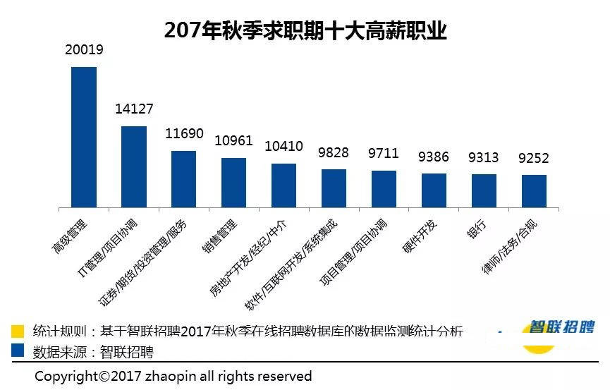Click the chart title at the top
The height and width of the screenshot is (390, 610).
pos(305,30)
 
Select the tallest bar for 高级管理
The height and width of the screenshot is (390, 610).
pos(84,137)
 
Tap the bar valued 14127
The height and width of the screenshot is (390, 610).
pos(134,166)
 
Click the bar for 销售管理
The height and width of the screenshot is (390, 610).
pos(234,182)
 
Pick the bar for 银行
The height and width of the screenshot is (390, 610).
pos(484,190)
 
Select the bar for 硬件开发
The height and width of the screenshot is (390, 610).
pos(434,190)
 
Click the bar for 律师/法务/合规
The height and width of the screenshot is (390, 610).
pos(534,190)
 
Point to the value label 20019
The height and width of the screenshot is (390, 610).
pos(84,50)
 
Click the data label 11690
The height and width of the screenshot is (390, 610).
pos(184,133)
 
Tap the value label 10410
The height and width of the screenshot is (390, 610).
pos(283,147)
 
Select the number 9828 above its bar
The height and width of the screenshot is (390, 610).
pos(334,153)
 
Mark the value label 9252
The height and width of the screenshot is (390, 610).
pos(534,158)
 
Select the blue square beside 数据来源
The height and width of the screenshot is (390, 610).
pos(18,351)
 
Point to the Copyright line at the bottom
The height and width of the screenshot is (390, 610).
pos(173,376)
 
